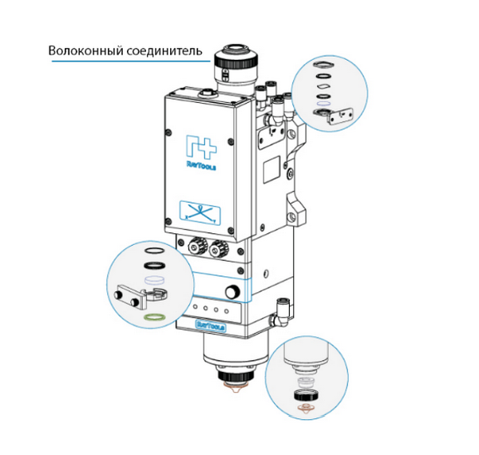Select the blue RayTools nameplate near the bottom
pos(210,325)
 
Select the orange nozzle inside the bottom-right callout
pos(303,409)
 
